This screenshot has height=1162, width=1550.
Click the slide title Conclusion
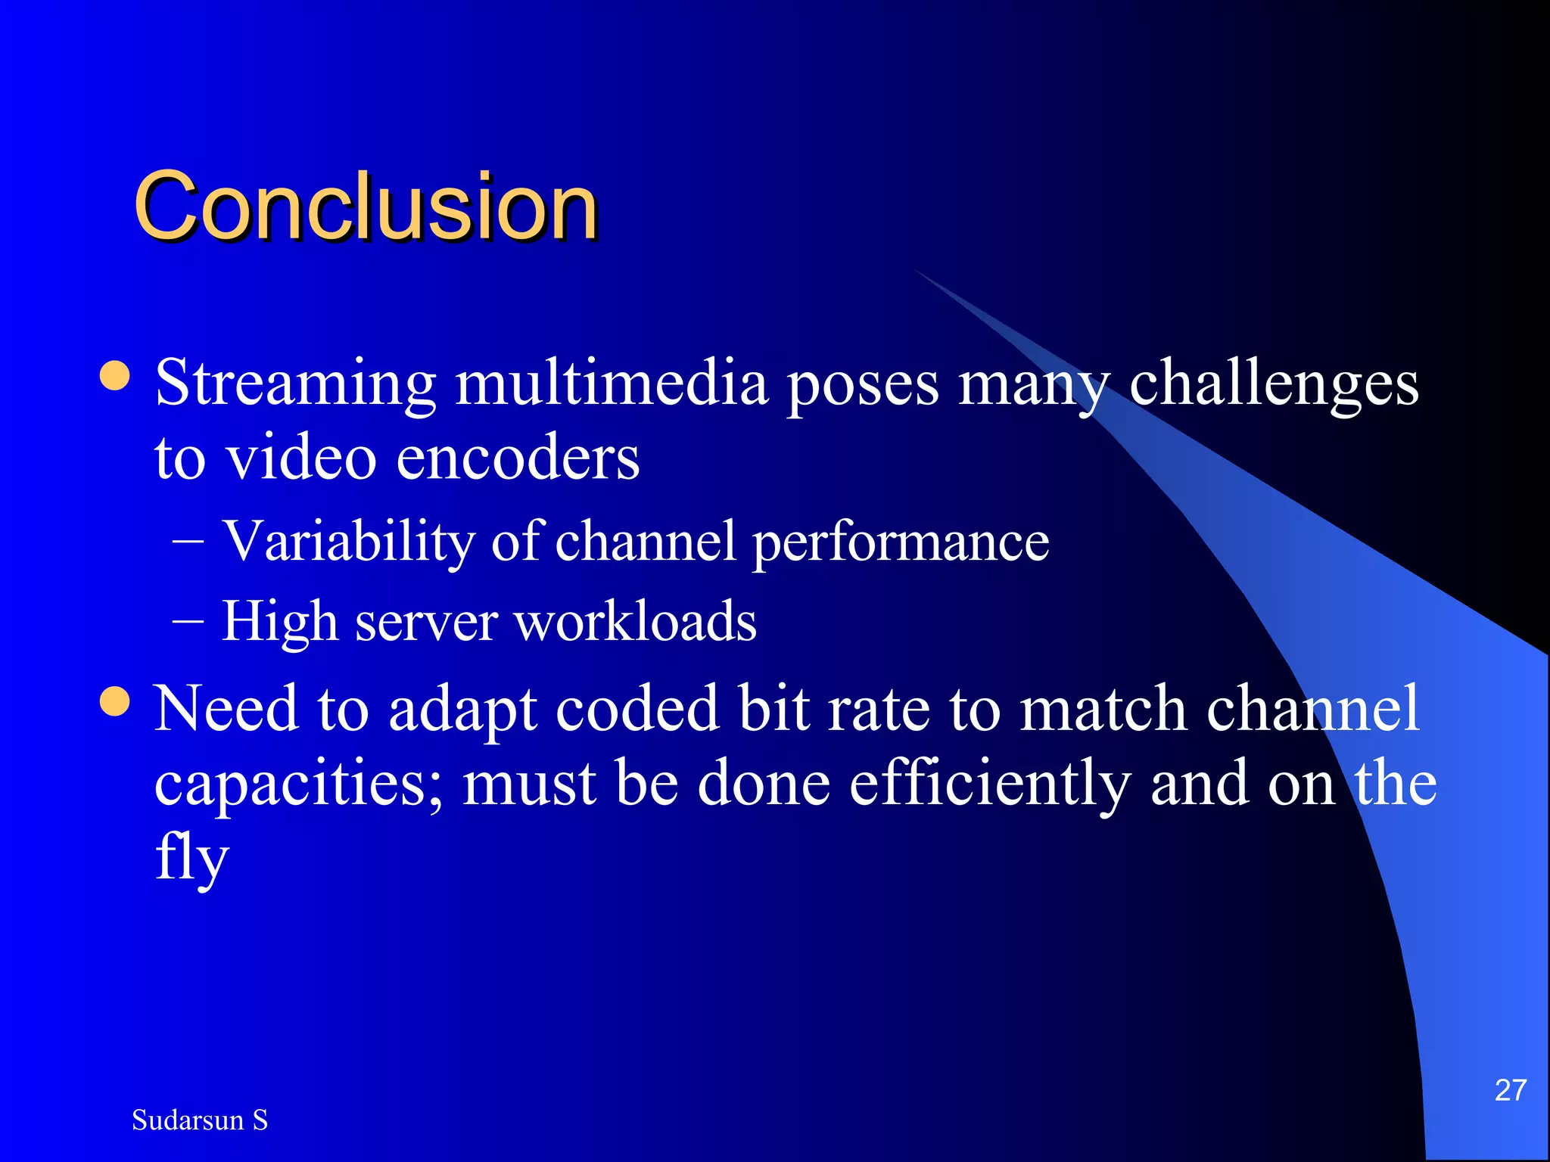(366, 206)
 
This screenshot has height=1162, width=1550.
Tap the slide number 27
(1510, 1090)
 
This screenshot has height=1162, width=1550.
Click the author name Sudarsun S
(200, 1120)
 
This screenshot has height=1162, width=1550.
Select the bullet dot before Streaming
(115, 375)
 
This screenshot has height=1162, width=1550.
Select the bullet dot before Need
(115, 701)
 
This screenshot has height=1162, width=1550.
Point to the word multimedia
(612, 383)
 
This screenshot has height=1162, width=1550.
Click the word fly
(191, 859)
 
